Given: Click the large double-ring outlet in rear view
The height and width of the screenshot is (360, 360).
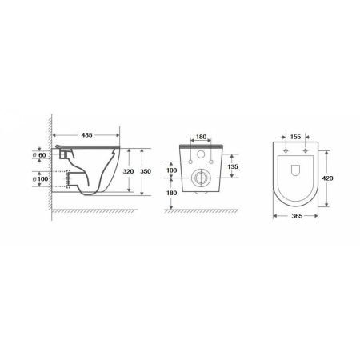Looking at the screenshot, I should (x=202, y=178).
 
